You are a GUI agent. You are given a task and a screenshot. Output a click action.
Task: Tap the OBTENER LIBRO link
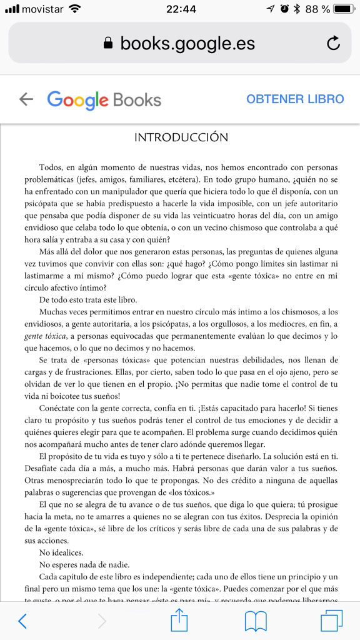click(x=295, y=99)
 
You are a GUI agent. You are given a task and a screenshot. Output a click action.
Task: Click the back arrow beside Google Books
click(x=26, y=99)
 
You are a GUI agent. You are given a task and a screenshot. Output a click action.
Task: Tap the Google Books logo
click(x=104, y=99)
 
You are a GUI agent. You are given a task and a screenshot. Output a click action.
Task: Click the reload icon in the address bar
click(x=333, y=43)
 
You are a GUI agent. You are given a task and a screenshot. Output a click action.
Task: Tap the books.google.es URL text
click(x=187, y=43)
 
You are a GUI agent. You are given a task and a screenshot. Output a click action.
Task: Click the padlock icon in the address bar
click(x=108, y=43)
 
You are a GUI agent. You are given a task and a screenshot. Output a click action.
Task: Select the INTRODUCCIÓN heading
click(x=181, y=137)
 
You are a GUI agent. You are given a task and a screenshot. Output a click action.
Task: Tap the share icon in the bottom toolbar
click(x=179, y=620)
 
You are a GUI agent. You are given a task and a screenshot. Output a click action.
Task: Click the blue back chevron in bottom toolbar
click(x=22, y=621)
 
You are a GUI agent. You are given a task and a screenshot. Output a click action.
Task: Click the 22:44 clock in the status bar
click(x=181, y=9)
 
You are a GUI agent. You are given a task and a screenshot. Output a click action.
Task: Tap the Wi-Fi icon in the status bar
click(x=75, y=9)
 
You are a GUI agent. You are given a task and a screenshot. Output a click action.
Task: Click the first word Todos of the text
click(x=52, y=168)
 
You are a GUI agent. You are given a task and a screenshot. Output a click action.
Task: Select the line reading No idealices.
click(x=62, y=552)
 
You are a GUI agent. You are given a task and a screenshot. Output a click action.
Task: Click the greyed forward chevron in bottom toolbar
click(x=102, y=621)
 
